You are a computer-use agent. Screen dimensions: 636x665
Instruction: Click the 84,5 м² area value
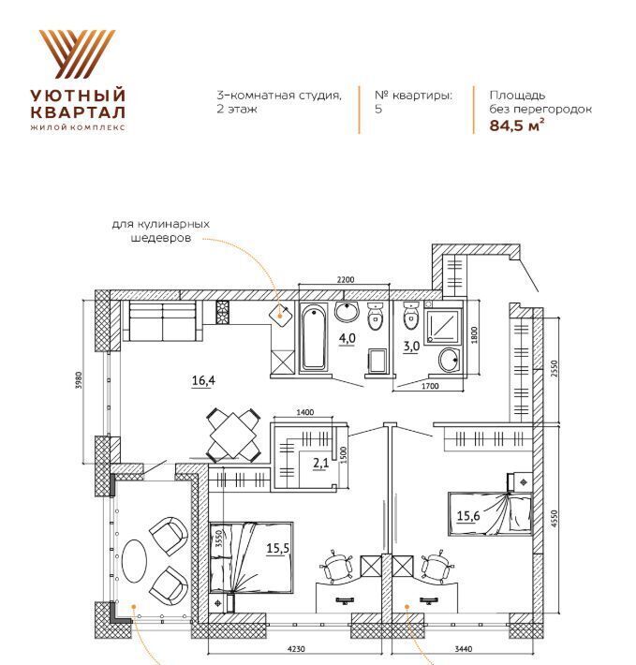(x=516, y=126)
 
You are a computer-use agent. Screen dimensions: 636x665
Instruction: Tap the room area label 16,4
(x=203, y=380)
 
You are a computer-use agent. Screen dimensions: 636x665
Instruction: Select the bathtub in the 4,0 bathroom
(x=314, y=338)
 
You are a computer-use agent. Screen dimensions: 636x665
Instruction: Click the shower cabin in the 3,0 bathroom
(x=443, y=326)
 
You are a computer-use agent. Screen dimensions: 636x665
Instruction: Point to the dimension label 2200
(x=346, y=279)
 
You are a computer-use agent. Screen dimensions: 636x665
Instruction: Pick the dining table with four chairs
(x=233, y=436)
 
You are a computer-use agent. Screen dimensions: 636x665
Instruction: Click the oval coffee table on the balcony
(x=134, y=561)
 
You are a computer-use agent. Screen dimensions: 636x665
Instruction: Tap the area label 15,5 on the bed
(x=277, y=548)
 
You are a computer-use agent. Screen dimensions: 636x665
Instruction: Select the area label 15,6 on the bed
(x=468, y=515)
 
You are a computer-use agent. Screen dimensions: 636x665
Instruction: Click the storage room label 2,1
(x=321, y=463)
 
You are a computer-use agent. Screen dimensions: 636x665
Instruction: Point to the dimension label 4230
(x=296, y=648)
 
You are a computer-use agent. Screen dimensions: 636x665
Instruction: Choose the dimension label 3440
(x=463, y=648)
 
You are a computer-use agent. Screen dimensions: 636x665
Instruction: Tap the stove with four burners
(x=223, y=313)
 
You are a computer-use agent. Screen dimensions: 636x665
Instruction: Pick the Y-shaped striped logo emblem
(x=78, y=54)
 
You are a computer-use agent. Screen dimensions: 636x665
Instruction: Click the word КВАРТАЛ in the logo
(x=78, y=112)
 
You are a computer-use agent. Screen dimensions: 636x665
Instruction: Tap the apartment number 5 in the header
(x=378, y=109)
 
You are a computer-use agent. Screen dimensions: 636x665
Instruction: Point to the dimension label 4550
(x=555, y=519)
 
